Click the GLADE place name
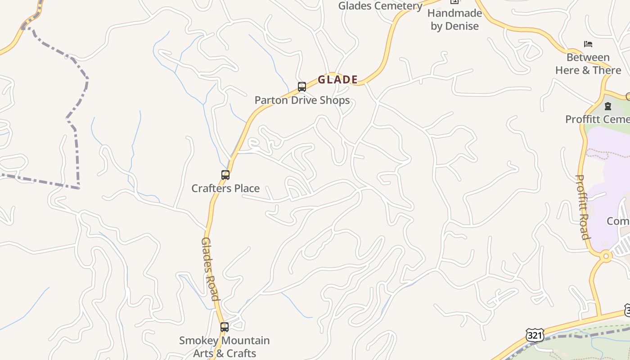[337, 80]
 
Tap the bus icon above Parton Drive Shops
[302, 86]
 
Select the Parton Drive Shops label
[302, 100]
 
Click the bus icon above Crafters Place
[225, 175]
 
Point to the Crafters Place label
[225, 188]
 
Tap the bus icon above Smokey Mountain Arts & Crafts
[224, 327]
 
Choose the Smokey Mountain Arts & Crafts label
[225, 346]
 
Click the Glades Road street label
[210, 269]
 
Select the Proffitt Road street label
[583, 207]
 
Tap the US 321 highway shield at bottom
[535, 335]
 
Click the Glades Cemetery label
[380, 6]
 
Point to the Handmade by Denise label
[454, 19]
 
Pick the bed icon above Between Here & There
[588, 44]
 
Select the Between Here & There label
[588, 64]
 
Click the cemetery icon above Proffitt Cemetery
[608, 106]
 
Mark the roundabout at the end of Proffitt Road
[606, 256]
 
